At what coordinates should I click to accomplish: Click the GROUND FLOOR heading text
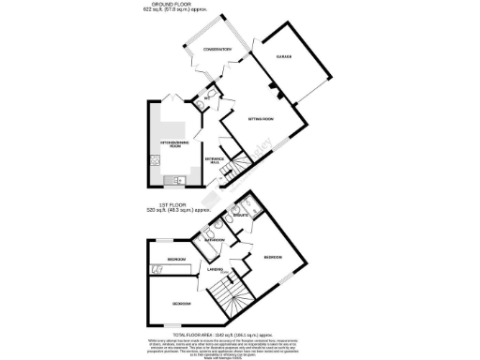(183, 5)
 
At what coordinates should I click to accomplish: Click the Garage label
(285, 57)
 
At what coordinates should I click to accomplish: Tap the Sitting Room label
(260, 120)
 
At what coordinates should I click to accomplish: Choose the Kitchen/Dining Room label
(175, 142)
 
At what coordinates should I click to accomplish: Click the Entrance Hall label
(214, 159)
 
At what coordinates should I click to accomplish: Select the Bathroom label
(213, 240)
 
